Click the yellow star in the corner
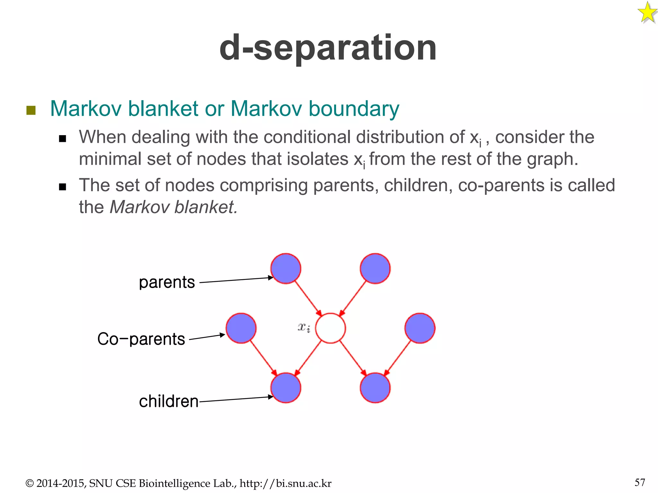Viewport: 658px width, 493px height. (x=647, y=13)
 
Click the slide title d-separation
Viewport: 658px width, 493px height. (x=328, y=48)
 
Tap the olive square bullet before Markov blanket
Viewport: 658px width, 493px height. (x=31, y=110)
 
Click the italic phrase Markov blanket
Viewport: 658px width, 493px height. (x=173, y=207)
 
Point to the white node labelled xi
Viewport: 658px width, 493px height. (x=330, y=328)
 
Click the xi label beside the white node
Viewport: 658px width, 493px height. (x=304, y=327)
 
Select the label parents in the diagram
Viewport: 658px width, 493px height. (x=167, y=282)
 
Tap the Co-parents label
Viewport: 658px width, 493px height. (x=141, y=339)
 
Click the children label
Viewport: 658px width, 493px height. (x=169, y=402)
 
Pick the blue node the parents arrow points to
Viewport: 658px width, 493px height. (x=286, y=269)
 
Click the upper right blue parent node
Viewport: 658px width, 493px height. (x=375, y=269)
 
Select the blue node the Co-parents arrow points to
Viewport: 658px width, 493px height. (x=241, y=328)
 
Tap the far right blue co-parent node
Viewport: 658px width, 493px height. (x=420, y=328)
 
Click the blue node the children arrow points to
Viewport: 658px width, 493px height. (x=286, y=388)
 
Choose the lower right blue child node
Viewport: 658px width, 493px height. (x=375, y=388)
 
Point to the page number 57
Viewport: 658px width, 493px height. (x=640, y=482)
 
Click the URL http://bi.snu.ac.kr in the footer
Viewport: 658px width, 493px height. (x=285, y=483)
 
